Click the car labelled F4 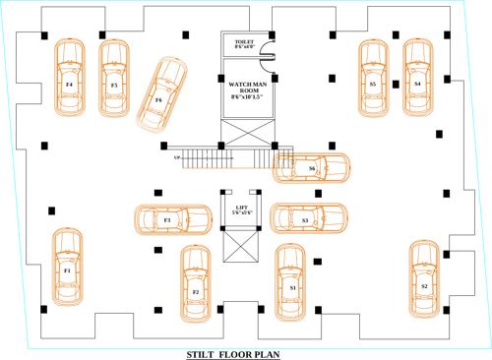click(69, 79)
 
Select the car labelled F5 click(115, 79)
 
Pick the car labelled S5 click(373, 79)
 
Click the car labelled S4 click(417, 79)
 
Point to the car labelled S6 click(310, 168)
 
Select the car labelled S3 click(306, 219)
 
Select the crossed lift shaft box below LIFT click(242, 247)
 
